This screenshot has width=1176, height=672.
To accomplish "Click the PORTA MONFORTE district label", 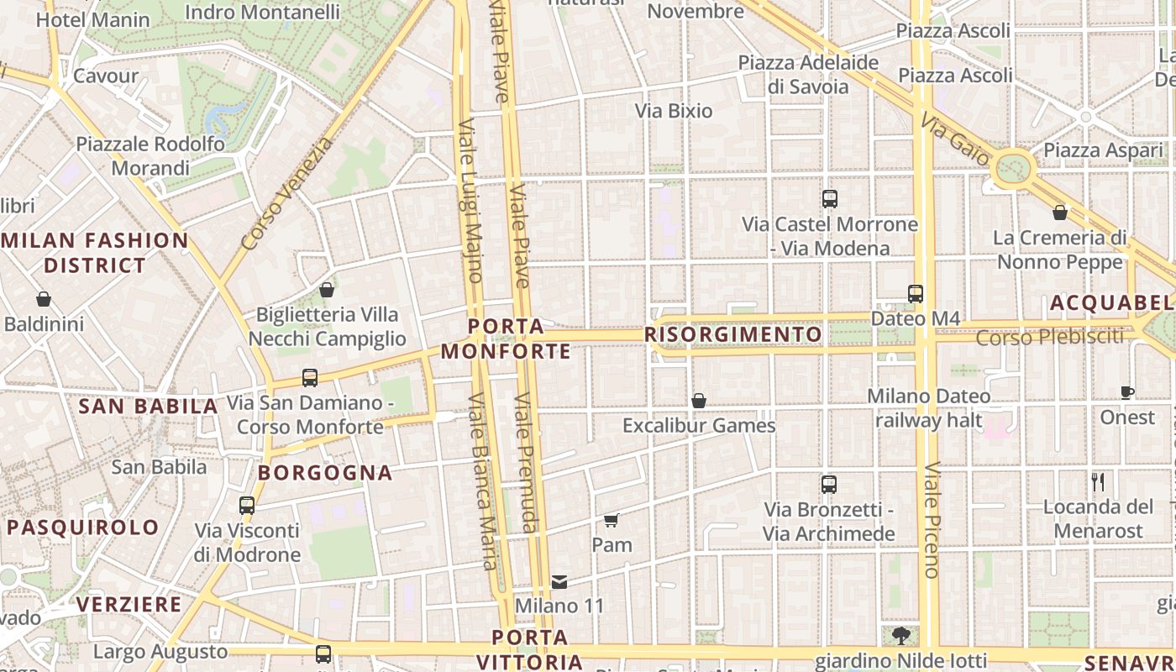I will [x=506, y=339].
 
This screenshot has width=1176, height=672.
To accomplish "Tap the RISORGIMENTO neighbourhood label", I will [x=732, y=334].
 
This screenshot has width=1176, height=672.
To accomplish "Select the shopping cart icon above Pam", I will [x=612, y=520].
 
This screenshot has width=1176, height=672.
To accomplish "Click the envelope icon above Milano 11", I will [x=559, y=581].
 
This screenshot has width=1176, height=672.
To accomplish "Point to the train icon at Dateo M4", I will [x=916, y=294].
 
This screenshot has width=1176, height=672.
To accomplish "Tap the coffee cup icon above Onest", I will [x=1127, y=392].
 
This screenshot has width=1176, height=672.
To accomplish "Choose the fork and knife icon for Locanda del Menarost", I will [x=1098, y=482].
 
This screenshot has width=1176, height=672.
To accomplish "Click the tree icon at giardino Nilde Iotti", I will [x=901, y=634].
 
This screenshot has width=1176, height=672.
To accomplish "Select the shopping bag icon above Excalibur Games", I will [x=699, y=401].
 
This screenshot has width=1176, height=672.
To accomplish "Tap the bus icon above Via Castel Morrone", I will [x=830, y=199].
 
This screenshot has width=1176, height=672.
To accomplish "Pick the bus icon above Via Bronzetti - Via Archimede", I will [x=829, y=485].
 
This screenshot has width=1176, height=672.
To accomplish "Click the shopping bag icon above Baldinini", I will [x=44, y=299].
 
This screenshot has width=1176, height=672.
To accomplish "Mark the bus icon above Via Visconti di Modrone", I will [x=247, y=506].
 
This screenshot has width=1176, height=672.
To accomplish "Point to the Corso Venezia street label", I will [x=286, y=194].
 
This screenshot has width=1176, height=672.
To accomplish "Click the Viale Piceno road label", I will [x=932, y=520].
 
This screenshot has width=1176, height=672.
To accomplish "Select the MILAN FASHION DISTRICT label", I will [x=95, y=253].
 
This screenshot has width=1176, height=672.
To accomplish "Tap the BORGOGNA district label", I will [x=325, y=473].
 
